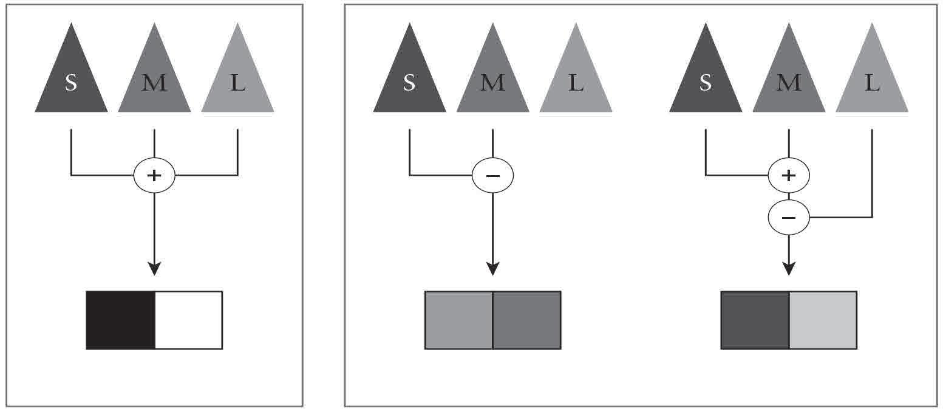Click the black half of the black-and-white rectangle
(x=120, y=320)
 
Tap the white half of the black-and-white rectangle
(x=189, y=320)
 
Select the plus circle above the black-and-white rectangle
(x=154, y=176)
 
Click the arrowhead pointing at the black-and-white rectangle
(x=154, y=268)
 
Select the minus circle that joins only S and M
(x=492, y=176)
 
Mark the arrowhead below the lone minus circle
(x=492, y=268)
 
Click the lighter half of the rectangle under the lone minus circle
(x=458, y=320)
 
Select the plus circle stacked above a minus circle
(x=788, y=176)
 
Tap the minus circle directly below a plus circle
(x=788, y=218)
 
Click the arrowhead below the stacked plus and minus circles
(x=788, y=268)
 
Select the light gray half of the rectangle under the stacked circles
(x=823, y=320)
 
